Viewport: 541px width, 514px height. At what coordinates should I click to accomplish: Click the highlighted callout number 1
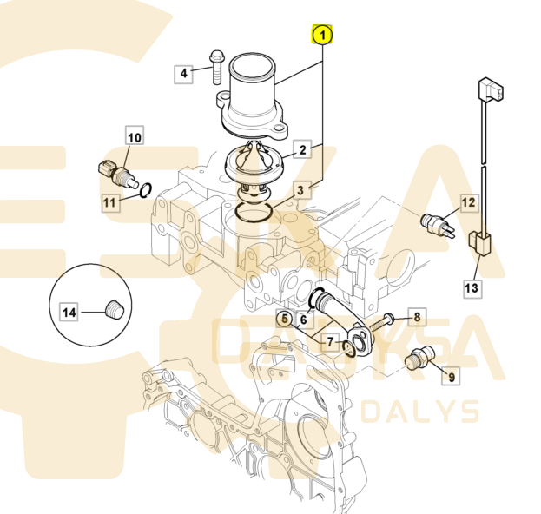pos(322,36)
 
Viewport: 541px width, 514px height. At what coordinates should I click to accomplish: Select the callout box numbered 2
pos(303,150)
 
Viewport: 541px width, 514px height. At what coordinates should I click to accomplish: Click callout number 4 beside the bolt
pos(184,74)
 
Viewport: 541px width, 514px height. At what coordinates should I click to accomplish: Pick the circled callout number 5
pos(285,319)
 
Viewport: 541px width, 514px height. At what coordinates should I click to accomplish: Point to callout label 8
pos(415,317)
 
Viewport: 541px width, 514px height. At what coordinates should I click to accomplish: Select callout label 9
pos(451,376)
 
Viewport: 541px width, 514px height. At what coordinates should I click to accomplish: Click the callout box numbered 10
pos(134,137)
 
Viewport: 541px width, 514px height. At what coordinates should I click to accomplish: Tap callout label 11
pos(109,204)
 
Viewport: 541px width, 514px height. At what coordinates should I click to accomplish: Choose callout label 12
pos(468,204)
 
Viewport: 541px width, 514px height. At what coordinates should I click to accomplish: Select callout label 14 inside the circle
pos(68,310)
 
